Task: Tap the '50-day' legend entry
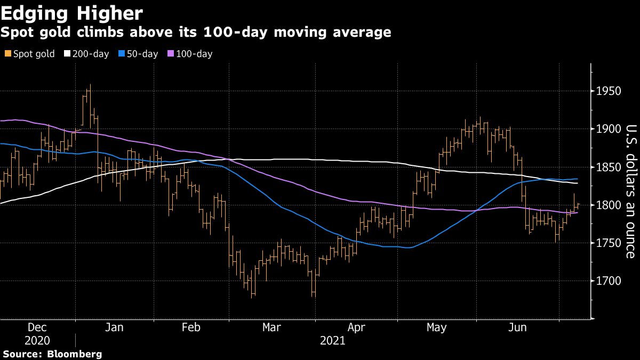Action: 139,54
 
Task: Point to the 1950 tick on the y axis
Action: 609,91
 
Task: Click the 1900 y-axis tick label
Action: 609,129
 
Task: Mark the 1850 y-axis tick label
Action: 609,167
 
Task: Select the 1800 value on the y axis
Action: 609,205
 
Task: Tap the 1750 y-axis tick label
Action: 609,243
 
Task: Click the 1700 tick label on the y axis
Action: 609,281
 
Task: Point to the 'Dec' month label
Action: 37,327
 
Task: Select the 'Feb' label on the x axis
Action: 191,327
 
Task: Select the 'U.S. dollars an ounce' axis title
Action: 631,191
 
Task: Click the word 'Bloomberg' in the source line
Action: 75,354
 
